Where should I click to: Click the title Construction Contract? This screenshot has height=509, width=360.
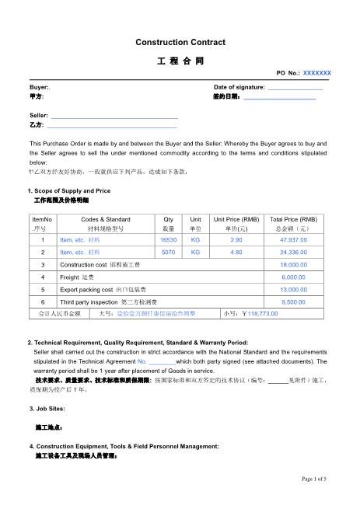[180, 41]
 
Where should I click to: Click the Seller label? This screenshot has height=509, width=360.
[39, 115]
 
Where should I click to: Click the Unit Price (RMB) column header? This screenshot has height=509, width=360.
[236, 219]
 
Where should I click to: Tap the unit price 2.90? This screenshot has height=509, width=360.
[236, 241]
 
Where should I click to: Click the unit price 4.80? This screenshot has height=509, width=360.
[236, 253]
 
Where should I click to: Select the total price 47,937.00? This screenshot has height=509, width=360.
[293, 241]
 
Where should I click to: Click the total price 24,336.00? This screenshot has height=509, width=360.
[293, 253]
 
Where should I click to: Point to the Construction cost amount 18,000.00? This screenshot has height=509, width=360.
[293, 265]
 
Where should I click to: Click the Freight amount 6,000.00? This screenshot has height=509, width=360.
[293, 277]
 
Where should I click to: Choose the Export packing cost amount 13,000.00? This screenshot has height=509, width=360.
[293, 289]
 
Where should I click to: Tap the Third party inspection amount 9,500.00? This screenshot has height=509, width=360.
[293, 302]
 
